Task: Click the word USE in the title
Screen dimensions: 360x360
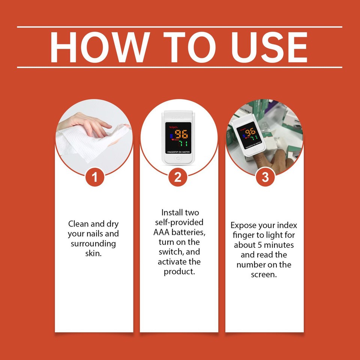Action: click(269, 47)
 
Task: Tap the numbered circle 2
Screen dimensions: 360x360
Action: click(178, 177)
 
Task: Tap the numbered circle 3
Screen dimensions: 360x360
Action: click(265, 177)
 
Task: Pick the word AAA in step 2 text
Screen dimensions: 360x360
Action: click(163, 232)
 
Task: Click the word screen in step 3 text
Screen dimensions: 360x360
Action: click(264, 274)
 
